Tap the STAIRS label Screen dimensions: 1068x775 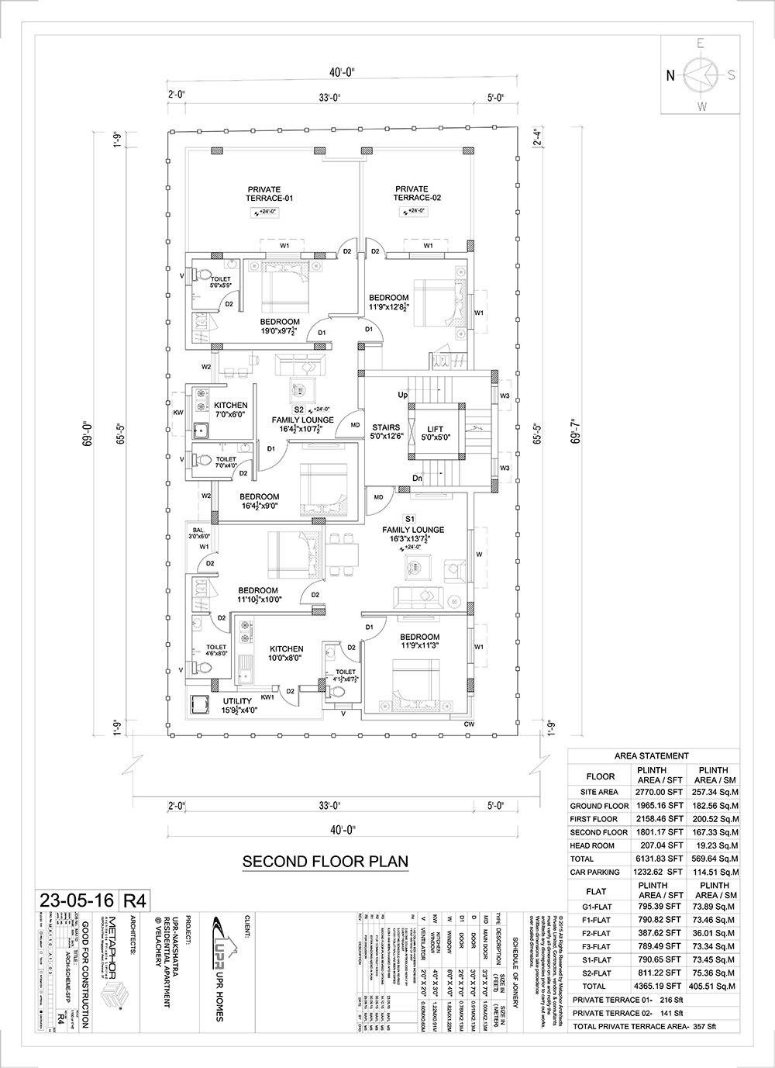[386, 427]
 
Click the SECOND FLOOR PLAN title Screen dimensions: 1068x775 [325, 861]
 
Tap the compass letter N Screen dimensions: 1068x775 [670, 75]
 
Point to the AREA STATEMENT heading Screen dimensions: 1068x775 [651, 755]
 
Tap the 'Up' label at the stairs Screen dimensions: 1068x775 [402, 396]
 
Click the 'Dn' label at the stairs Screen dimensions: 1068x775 [418, 479]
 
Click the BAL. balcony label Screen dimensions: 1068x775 [199, 531]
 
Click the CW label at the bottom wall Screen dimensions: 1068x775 [469, 724]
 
